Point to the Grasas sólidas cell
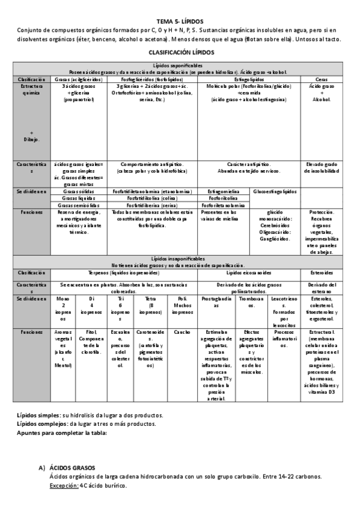pos(79,191)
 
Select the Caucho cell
pos(182,331)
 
